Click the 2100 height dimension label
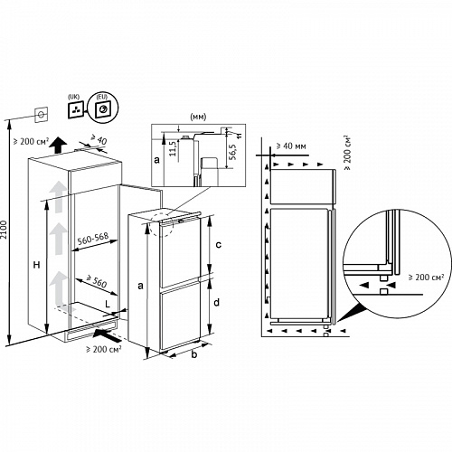pyautogui.click(x=4, y=230)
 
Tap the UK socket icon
pyautogui.click(x=76, y=109)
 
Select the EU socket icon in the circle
pyautogui.click(x=102, y=108)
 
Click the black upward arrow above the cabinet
pyautogui.click(x=58, y=146)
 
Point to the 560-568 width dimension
pyautogui.click(x=93, y=239)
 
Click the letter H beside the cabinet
pyautogui.click(x=36, y=265)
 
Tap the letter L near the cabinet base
pyautogui.click(x=108, y=304)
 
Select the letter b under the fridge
pyautogui.click(x=194, y=354)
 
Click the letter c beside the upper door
pyautogui.click(x=219, y=244)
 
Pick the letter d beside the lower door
pyautogui.click(x=217, y=302)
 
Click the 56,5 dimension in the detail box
pyautogui.click(x=232, y=152)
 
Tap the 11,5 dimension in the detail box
pyautogui.click(x=173, y=148)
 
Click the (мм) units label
pyautogui.click(x=198, y=117)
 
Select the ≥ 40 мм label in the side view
pyautogui.click(x=291, y=146)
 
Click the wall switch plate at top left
pyautogui.click(x=42, y=115)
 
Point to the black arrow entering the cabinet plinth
pyautogui.click(x=107, y=335)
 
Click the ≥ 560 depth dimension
pyautogui.click(x=97, y=281)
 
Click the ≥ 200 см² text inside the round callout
pyautogui.click(x=426, y=277)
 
